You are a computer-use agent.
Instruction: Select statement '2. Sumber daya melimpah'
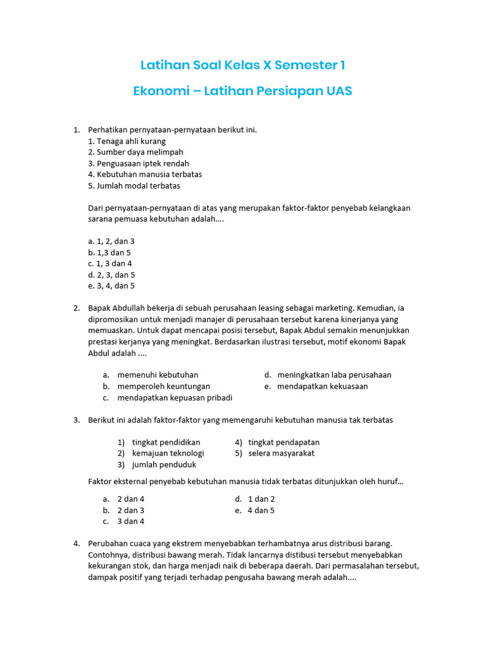click(x=135, y=152)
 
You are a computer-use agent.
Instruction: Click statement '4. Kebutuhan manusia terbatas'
click(x=145, y=174)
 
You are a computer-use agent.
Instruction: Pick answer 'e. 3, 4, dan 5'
click(x=111, y=286)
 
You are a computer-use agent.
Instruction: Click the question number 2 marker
click(x=76, y=308)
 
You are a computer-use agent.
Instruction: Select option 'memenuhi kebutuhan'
click(x=158, y=375)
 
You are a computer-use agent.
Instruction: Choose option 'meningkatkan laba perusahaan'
click(x=334, y=375)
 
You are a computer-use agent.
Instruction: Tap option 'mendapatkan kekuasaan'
click(x=322, y=386)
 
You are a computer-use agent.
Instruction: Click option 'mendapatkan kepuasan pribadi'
click(x=175, y=397)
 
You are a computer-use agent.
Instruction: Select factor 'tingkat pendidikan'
click(x=166, y=442)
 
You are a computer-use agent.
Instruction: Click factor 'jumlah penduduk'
click(x=164, y=464)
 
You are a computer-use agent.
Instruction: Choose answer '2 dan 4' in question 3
click(x=130, y=499)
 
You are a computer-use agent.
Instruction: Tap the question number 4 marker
click(x=76, y=543)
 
